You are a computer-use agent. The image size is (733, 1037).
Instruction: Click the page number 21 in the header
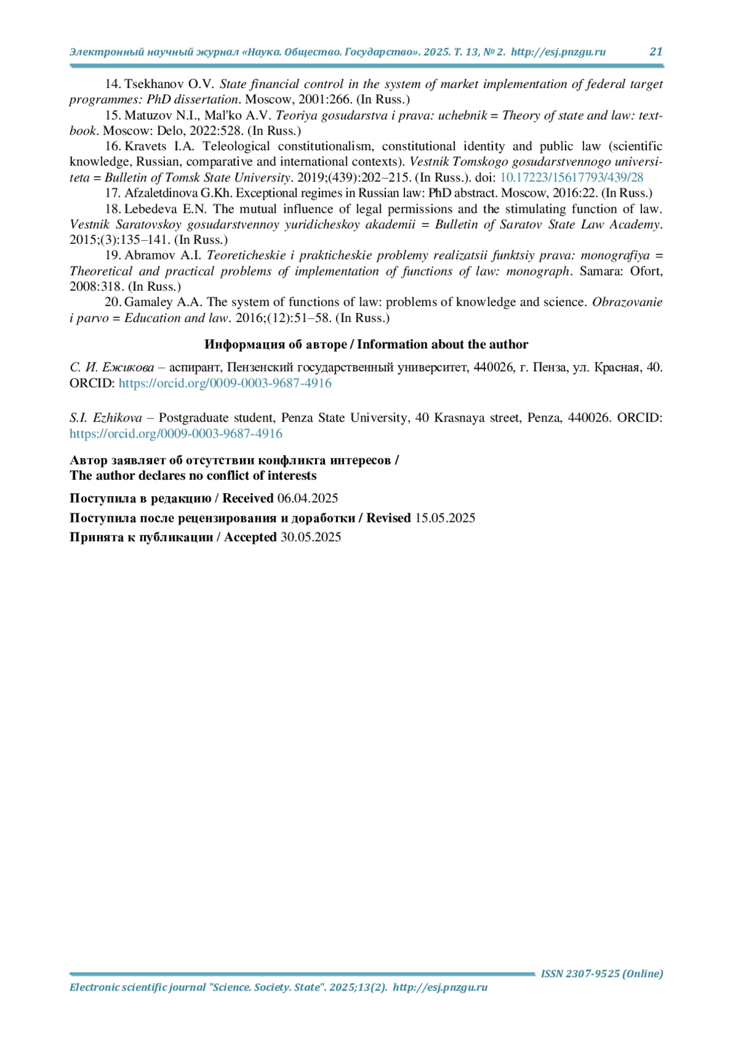point(655,52)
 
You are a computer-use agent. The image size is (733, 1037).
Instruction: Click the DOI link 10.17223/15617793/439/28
point(571,178)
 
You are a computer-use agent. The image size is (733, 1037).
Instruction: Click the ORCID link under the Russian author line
point(225,383)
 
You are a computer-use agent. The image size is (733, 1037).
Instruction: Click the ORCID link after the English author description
point(176,434)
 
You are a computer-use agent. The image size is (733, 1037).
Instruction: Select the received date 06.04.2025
point(308,499)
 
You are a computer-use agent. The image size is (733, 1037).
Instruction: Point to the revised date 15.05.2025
point(445,518)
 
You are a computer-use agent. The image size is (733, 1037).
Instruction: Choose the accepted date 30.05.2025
point(310,537)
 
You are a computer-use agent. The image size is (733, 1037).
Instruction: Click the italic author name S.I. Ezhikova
point(106,418)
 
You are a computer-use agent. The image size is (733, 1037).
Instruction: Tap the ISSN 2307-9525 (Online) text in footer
point(602,973)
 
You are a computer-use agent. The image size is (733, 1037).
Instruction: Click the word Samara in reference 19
point(599,271)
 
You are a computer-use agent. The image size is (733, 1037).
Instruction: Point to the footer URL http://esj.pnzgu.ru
point(440,988)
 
